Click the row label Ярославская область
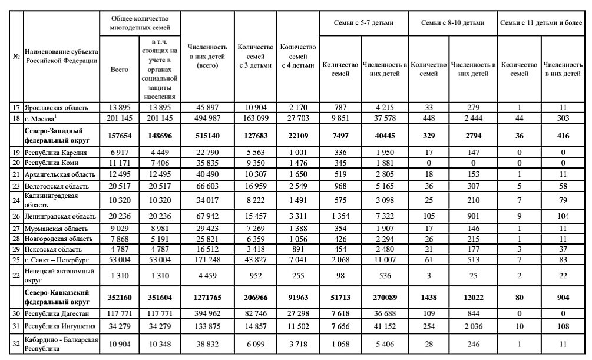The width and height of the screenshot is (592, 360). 56,108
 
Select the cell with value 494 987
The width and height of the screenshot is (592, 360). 207,118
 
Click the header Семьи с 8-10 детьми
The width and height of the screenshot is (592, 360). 452,23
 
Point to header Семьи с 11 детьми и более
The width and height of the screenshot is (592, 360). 541,23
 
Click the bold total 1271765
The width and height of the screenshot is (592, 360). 207,298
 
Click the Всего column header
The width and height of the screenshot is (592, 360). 119,69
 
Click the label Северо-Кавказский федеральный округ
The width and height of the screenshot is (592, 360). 53,298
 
